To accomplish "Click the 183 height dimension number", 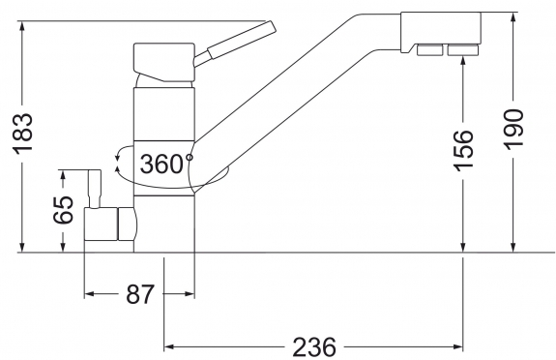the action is pyautogui.click(x=22, y=134).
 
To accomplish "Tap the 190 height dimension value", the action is pyautogui.click(x=514, y=130).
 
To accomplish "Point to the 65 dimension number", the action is pyautogui.click(x=63, y=210).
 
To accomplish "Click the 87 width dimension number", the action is pyautogui.click(x=140, y=294).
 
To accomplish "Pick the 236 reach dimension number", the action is pyautogui.click(x=314, y=346).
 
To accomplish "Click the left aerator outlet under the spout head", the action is pyautogui.click(x=429, y=49).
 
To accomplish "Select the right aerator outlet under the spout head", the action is pyautogui.click(x=463, y=49).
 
